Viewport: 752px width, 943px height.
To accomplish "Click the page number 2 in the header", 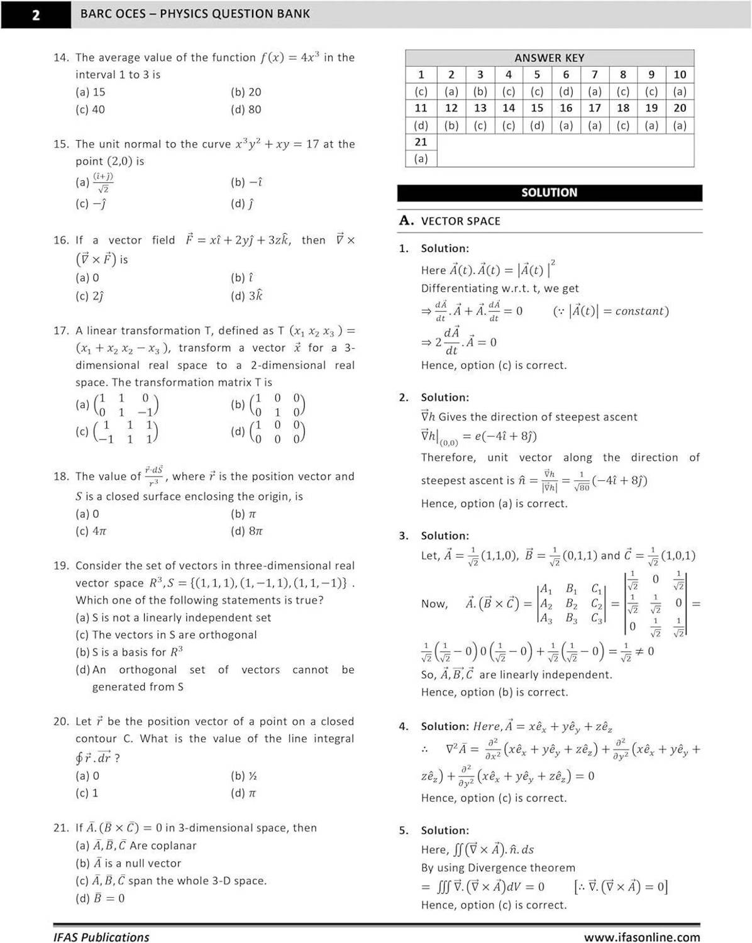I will click(36, 14).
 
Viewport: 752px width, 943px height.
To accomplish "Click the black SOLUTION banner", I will click(549, 193).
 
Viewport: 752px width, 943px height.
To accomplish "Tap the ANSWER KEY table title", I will click(549, 58).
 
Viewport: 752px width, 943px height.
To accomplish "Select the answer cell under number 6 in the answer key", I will click(566, 91).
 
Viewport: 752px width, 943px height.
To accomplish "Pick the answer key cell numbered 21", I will click(421, 142).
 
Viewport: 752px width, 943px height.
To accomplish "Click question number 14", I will click(60, 58).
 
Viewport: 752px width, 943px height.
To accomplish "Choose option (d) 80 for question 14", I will click(246, 109).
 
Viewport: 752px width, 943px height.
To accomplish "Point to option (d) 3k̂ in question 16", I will click(246, 295).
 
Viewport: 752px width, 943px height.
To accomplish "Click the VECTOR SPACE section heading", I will click(460, 221).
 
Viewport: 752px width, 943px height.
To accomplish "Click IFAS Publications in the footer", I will click(101, 937).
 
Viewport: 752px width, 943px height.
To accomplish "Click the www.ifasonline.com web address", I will click(641, 937).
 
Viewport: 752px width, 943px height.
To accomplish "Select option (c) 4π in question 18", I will click(91, 531).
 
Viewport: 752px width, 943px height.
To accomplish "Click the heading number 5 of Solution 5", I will click(403, 830).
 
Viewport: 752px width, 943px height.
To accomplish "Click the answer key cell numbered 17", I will click(594, 108).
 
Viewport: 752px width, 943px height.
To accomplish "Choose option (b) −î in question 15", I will click(246, 182).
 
